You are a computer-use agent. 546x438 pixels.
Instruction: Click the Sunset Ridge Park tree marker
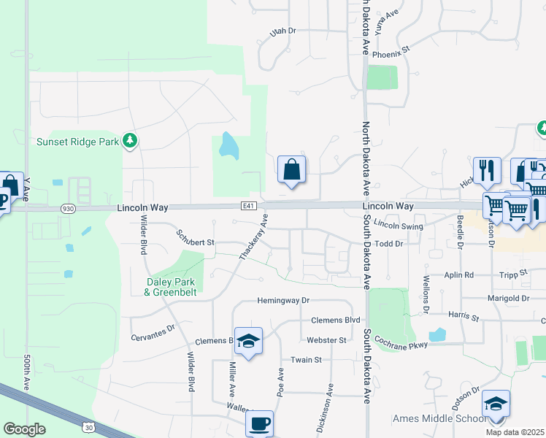point(130,140)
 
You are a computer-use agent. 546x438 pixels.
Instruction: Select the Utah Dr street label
point(282,31)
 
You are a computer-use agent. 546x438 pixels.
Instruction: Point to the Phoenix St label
point(392,53)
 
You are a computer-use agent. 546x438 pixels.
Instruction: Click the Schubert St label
point(195,238)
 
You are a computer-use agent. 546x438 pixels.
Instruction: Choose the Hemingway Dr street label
point(283,300)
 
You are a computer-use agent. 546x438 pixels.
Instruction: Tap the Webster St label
point(326,340)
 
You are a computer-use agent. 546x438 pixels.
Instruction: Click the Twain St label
point(307,360)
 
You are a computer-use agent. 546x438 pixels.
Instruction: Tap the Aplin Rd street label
point(459,275)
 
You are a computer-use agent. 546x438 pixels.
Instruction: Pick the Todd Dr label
point(388,244)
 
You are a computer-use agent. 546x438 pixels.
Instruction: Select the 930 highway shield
point(68,208)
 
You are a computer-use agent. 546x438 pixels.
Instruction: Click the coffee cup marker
point(259,423)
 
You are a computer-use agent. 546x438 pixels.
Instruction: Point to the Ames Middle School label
point(439,418)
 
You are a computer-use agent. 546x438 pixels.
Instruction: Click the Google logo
point(24,429)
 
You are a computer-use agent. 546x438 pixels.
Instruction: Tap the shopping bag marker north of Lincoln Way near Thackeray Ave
point(291,170)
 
